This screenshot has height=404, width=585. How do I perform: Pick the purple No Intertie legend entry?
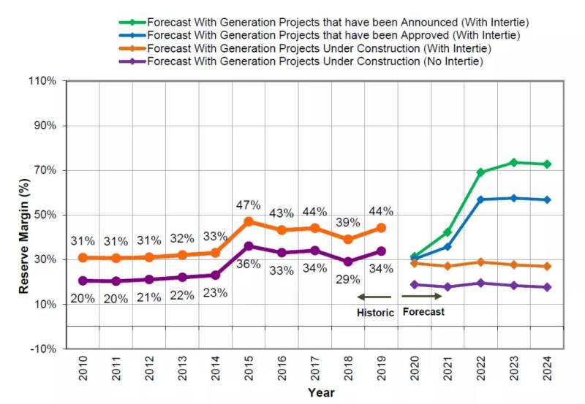314,61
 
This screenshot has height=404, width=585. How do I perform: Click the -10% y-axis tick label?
43,348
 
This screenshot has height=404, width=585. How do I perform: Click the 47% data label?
248,205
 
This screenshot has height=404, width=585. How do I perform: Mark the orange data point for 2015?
249,221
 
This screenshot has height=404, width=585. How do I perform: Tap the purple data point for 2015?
249,246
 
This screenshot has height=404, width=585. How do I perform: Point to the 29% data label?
348,279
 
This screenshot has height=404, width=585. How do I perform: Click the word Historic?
375,313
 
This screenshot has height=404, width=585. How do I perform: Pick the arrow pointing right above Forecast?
422,297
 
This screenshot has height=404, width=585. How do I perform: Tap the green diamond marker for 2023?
513,162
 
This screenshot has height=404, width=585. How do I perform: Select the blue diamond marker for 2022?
480,199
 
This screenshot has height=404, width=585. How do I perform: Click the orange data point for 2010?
83,258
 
